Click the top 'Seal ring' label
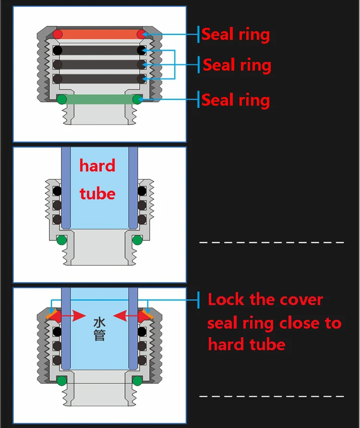(235, 35)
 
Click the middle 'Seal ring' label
(237, 65)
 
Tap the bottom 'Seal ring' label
(235, 100)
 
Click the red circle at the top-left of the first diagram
(58, 34)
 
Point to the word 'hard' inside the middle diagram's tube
(97, 166)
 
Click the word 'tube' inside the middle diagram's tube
(97, 194)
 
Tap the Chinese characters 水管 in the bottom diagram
(99, 328)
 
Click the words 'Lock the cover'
(265, 300)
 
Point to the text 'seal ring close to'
(274, 322)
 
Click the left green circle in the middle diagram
(61, 240)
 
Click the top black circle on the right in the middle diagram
(142, 191)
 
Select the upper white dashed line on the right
(272, 242)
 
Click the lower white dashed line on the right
(272, 396)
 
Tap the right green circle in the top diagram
(137, 99)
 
